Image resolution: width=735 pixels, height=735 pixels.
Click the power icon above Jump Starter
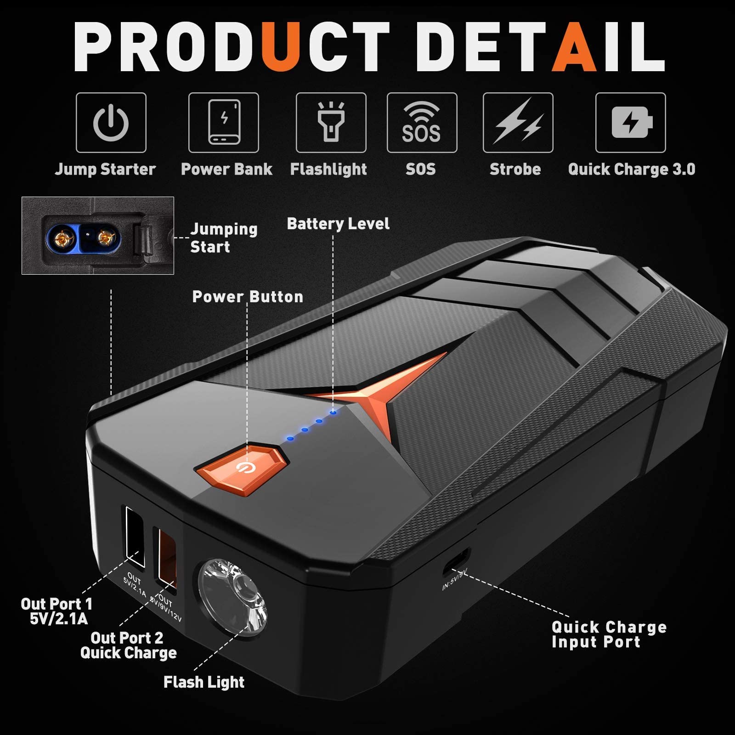(111, 123)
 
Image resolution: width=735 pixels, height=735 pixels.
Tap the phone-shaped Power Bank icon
(224, 123)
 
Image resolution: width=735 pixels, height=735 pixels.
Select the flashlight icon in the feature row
(331, 123)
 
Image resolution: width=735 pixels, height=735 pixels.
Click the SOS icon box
(422, 123)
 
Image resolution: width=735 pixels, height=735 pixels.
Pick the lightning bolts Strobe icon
(518, 123)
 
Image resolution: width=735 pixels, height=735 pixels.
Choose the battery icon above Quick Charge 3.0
(631, 123)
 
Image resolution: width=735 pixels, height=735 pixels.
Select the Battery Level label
(338, 224)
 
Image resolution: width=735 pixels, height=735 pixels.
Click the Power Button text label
(248, 297)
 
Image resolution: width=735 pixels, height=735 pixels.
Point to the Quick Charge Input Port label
(609, 634)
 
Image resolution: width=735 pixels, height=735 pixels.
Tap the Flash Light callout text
(204, 682)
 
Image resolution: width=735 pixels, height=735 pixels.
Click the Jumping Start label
(224, 238)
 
